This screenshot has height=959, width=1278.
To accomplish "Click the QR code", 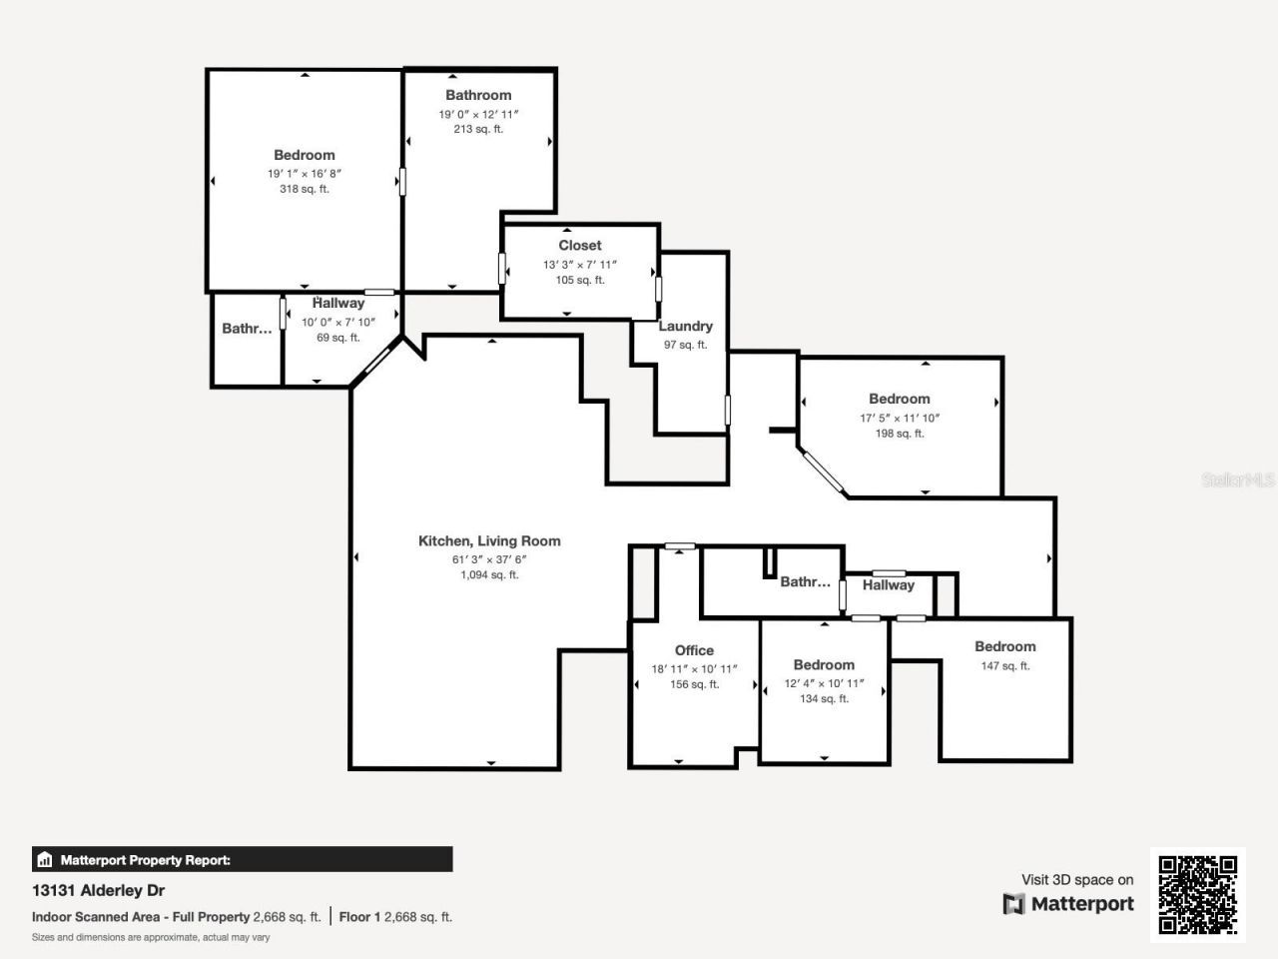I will coord(1197,894).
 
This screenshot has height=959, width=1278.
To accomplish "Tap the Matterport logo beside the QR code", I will coord(1068,904).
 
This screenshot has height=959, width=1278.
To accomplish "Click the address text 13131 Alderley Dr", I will coord(98,890).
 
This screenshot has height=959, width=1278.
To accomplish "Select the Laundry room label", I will coord(685,326).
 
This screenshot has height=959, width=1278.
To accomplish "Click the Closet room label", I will coord(580,245).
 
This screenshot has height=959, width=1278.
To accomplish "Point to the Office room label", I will coord(694,650).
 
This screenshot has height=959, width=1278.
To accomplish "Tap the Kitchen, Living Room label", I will coord(489,540).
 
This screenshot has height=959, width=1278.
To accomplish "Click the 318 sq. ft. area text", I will coord(305,189).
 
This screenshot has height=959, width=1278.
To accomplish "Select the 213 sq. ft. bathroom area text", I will coord(478,129).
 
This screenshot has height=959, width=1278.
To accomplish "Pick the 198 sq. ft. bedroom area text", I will coord(900,434).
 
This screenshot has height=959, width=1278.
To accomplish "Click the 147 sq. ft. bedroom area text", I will coord(1004,666).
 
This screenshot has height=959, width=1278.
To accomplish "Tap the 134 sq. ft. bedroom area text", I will coord(824,699).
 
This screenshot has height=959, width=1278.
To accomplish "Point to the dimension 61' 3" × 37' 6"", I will coord(489,559).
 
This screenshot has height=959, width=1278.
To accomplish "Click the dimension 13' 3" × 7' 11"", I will coord(580,265).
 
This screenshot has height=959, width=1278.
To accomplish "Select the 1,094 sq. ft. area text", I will coord(489,575).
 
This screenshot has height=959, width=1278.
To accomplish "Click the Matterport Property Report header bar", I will coord(242,859).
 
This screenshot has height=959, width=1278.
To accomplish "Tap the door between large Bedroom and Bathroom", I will coord(403,181).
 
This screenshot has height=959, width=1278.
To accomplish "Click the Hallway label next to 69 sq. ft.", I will coord(338,303).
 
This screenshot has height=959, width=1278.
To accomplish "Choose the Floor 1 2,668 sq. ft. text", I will coord(395,916).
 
